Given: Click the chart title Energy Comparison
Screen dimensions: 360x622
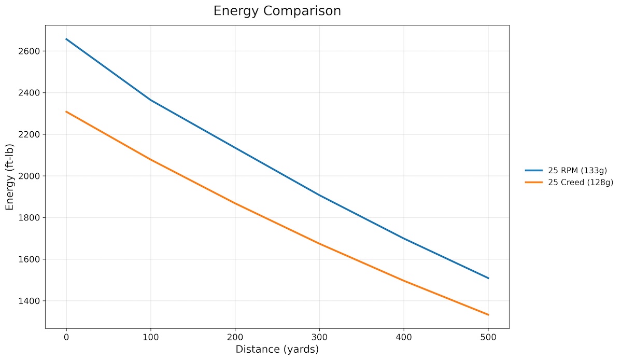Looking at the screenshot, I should point(277,11).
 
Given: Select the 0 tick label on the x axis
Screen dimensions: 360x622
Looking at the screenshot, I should point(66,338).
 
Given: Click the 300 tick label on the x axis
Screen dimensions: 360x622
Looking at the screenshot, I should point(319,338).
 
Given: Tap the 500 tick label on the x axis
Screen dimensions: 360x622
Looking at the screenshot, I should point(488,338).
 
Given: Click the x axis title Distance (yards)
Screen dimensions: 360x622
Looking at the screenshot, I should point(277,350).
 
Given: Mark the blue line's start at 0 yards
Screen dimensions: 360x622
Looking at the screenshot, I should point(66,39).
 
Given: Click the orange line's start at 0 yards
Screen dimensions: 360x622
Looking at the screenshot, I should point(66,112).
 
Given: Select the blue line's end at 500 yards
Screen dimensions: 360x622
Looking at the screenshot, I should point(488,278).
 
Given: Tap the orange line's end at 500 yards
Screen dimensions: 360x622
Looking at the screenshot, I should point(488,315).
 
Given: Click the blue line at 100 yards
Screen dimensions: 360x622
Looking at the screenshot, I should point(151,100).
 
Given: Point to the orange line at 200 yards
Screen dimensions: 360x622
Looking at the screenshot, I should point(235,203).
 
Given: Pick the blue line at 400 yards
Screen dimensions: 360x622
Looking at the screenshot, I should point(404,239).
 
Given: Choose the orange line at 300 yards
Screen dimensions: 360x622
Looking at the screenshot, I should point(319,244).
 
